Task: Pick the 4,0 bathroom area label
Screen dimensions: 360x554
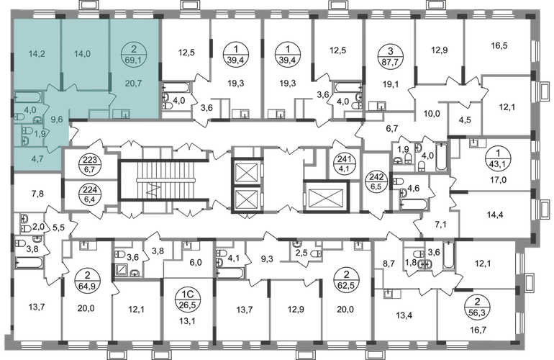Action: [29, 110]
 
